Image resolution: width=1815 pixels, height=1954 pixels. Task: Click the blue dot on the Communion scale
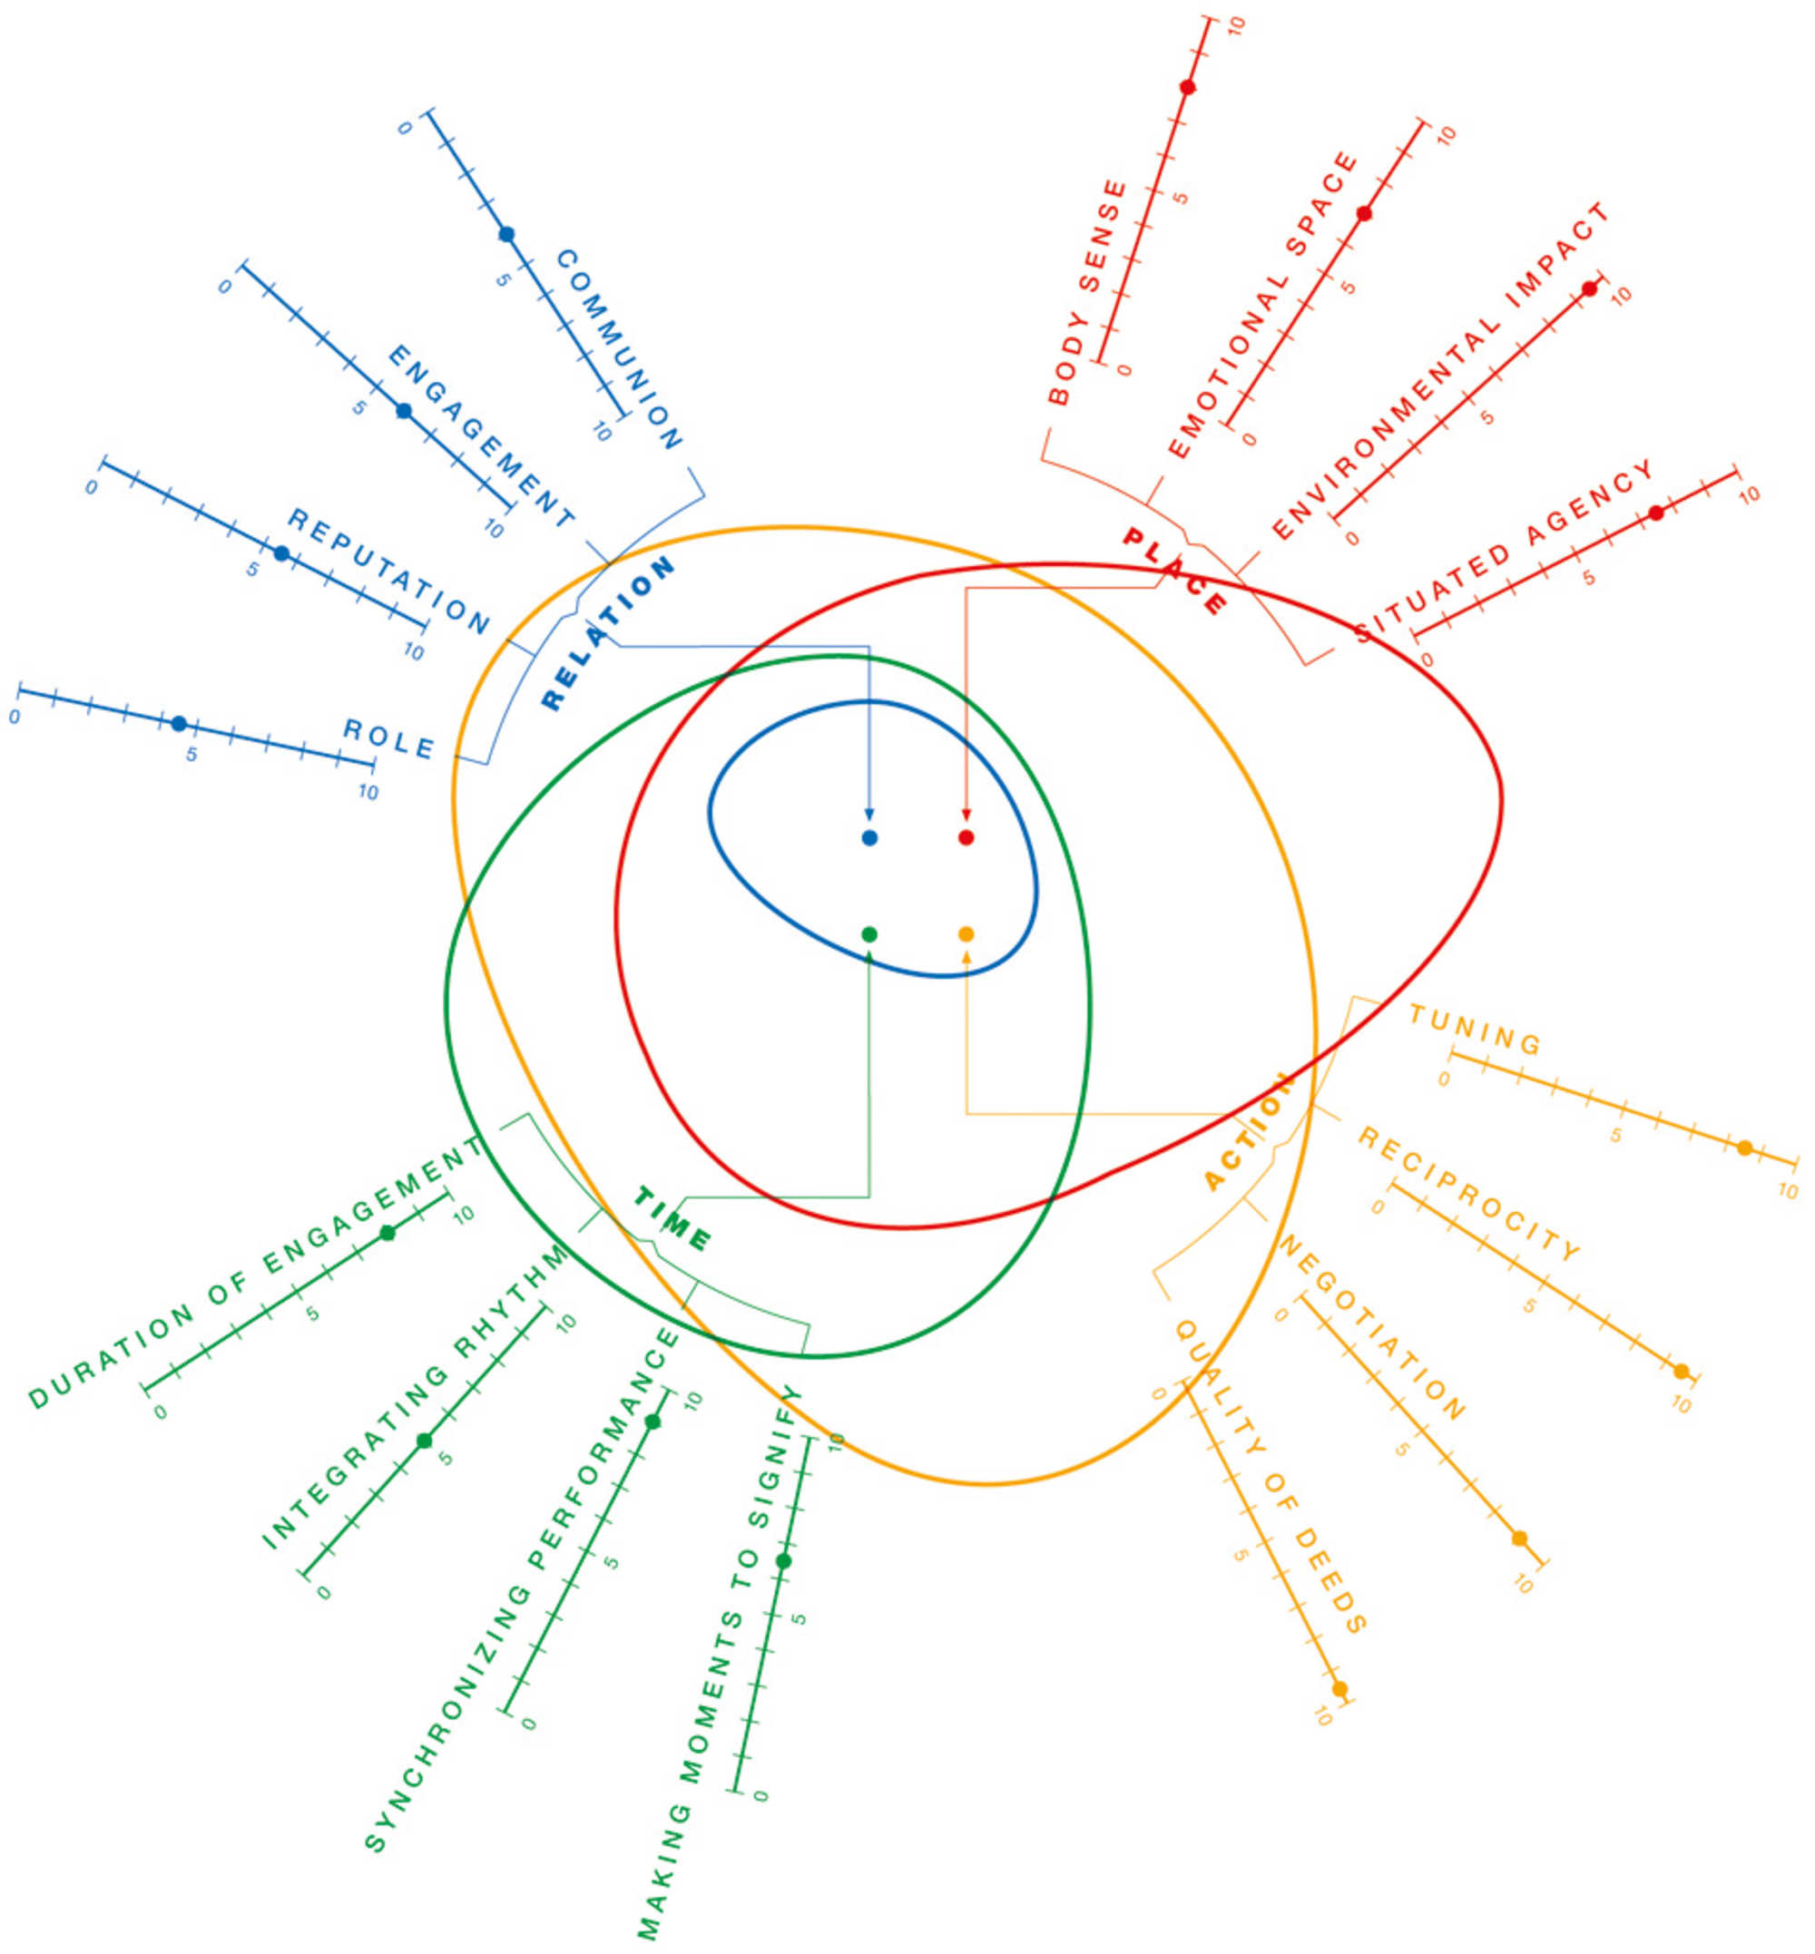506,234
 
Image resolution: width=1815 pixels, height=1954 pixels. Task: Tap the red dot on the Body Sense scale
1187,87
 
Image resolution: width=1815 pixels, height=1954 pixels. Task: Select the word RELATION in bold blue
608,632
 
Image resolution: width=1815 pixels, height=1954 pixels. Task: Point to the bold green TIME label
672,1219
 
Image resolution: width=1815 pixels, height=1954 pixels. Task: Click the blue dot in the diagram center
869,837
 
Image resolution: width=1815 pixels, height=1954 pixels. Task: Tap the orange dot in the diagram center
966,933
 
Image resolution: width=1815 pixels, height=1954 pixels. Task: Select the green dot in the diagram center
869,933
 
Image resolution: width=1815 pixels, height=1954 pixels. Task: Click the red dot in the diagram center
966,837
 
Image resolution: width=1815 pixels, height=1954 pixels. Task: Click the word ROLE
389,738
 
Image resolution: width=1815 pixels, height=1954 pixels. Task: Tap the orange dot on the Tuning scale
1745,1148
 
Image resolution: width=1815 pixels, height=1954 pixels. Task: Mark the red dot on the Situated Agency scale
1656,513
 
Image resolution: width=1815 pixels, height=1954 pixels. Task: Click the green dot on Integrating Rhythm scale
425,1441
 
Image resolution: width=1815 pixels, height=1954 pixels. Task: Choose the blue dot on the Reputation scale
282,553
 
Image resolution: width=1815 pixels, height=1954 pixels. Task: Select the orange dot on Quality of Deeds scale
1339,1689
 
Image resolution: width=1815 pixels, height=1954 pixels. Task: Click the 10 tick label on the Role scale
368,791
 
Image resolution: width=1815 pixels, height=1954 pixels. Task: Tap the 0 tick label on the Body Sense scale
1124,370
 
